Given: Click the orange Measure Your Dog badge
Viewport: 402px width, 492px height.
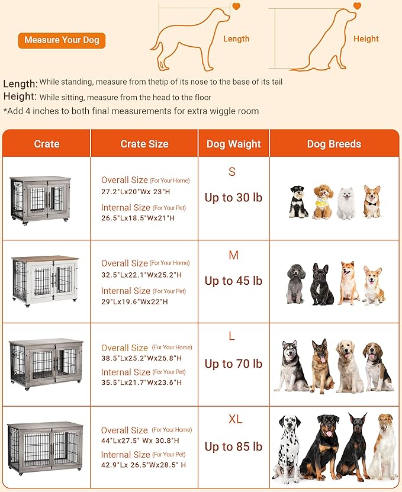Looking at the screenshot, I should (62, 40).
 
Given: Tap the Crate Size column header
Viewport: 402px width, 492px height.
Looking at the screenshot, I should (144, 144).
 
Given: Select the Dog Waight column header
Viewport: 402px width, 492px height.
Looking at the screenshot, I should (233, 144).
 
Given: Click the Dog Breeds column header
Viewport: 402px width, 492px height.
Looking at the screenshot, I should (334, 144).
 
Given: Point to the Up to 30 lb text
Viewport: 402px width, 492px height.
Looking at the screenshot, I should (233, 198).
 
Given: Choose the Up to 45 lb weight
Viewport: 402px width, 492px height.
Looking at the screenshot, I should (233, 281).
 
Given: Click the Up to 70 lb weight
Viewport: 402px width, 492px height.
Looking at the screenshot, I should (233, 364).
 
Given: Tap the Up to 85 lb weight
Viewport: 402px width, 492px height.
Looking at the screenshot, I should (233, 446).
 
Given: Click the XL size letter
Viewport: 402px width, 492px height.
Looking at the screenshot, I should (235, 419).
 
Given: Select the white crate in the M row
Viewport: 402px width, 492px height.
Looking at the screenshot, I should (45, 279).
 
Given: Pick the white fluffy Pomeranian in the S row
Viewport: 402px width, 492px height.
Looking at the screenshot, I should (346, 202).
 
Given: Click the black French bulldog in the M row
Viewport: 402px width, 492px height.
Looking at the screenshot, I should (321, 284).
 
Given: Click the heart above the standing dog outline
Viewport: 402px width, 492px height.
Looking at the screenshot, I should (236, 7).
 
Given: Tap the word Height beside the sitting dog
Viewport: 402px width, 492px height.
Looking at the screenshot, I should (366, 39).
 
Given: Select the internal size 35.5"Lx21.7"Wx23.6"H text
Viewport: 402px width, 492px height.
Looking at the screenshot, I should (138, 382).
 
